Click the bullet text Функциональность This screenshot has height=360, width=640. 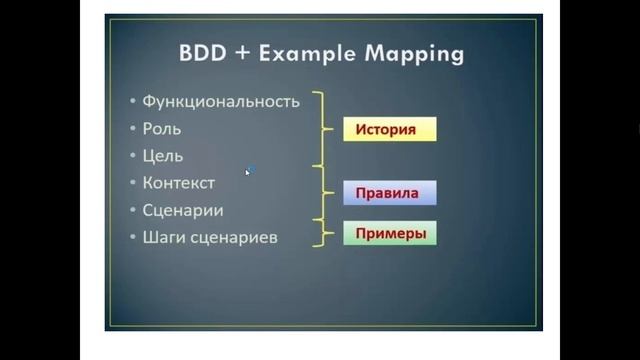pos(221,101)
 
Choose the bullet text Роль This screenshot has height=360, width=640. pos(162,129)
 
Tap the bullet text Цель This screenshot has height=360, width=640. pos(163,156)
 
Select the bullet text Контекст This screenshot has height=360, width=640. pos(179,183)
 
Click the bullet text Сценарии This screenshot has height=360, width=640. pos(183,210)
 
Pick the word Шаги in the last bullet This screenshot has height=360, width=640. pos(162,238)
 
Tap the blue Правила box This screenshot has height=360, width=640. pos(389,192)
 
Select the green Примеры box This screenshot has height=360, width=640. pos(390,234)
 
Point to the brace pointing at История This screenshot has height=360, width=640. pos(322,129)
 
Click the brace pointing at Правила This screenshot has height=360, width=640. pos(322,192)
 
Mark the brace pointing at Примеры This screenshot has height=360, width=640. pos(322,234)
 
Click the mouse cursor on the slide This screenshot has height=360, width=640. pos(248,171)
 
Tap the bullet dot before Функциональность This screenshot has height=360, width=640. pos(133,102)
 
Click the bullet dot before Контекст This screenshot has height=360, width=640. pos(133,184)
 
